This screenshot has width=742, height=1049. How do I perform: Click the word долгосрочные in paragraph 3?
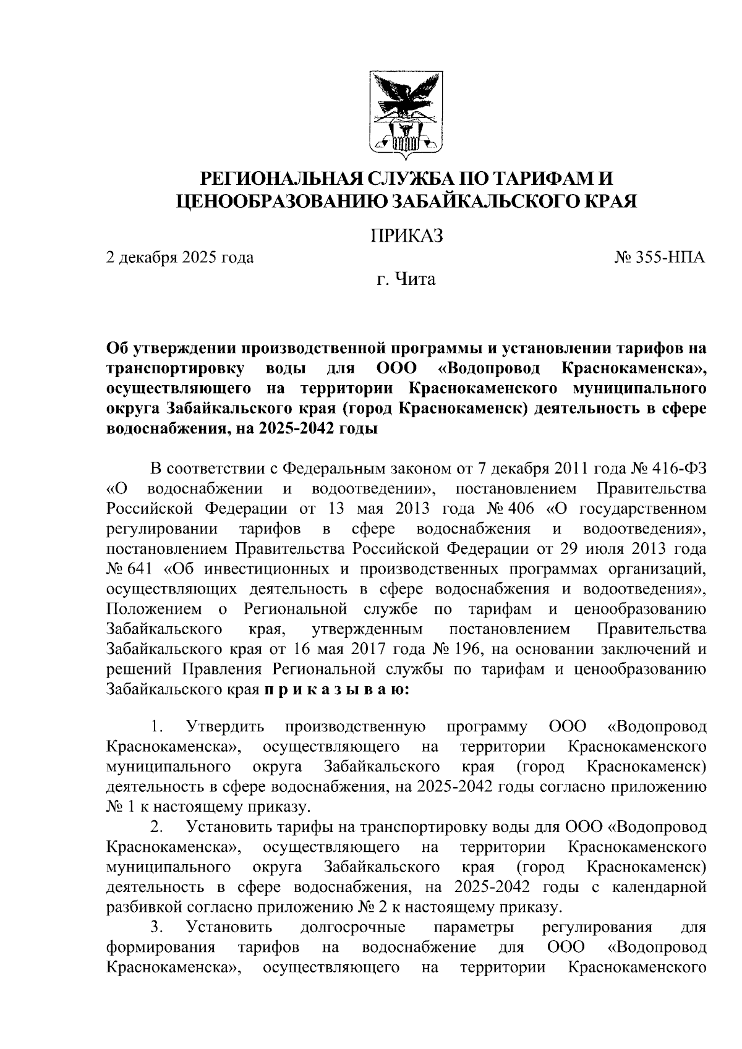[352, 927]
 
